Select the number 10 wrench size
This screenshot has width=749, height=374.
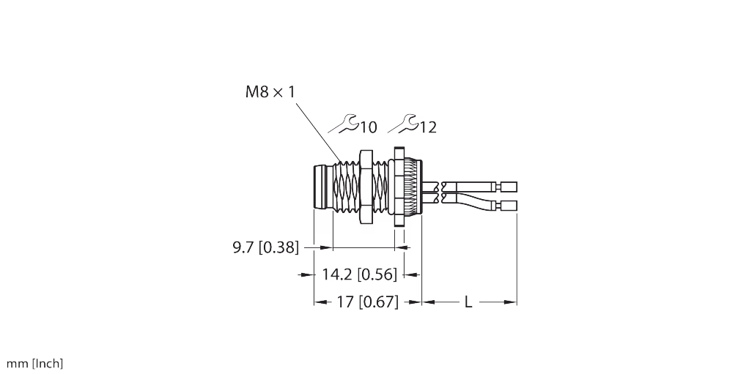pos(368,127)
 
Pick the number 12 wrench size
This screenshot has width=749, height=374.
pos(428,127)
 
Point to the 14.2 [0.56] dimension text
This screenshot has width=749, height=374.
pos(359,275)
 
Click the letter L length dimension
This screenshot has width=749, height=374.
pos(468,302)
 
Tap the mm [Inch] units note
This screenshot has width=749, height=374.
pos(34,363)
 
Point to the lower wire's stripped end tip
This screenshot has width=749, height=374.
pos(509,206)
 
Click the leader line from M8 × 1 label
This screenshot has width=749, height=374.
pos(319,132)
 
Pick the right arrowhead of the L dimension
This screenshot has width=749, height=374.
pos(512,301)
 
